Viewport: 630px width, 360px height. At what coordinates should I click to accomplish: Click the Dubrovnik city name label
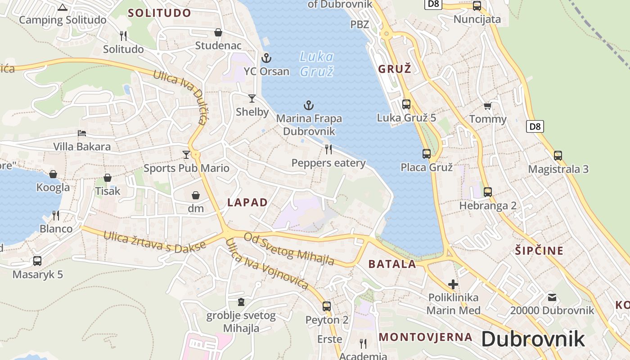pos(533,339)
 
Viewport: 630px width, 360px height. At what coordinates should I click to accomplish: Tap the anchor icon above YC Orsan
pos(266,58)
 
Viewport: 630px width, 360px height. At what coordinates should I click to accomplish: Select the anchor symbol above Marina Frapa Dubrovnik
pos(308,106)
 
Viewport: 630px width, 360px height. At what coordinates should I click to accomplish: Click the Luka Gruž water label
pos(317,64)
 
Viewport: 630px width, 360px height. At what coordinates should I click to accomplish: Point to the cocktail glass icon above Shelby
pos(252,98)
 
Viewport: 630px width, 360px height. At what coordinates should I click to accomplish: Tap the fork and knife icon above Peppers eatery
pos(328,149)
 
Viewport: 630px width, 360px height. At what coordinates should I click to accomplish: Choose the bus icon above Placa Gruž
pos(427,154)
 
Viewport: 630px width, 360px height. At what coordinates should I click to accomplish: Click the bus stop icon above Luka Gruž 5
pos(406,104)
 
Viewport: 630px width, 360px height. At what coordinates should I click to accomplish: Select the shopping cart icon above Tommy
pos(487,106)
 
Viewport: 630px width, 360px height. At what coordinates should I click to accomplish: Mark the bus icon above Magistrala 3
pos(558,156)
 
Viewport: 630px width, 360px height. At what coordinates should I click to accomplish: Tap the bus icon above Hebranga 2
pos(488,192)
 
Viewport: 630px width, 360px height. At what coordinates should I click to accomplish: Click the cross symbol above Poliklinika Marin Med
pos(453,284)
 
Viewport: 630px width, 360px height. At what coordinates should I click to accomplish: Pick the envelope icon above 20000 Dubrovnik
pos(552,297)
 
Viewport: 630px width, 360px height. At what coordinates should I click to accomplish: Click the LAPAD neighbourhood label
pos(247,202)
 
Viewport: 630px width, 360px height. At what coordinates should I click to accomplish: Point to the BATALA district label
pos(392,264)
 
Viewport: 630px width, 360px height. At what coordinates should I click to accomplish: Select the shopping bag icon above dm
pos(196,195)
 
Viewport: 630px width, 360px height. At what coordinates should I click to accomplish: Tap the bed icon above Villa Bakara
pos(82,133)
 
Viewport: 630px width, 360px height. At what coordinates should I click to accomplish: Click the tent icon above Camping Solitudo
pos(63,7)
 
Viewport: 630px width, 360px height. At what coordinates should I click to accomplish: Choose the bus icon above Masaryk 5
pos(37,261)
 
